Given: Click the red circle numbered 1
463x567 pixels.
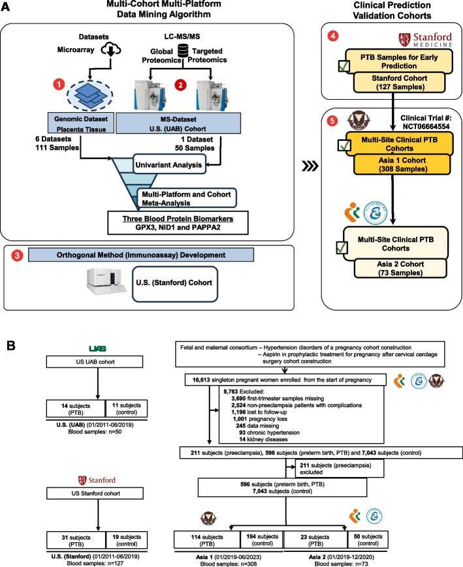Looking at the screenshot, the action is point(59,85).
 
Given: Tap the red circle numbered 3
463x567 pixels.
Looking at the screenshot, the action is point(17,256).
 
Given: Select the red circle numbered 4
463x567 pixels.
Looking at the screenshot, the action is point(333,36).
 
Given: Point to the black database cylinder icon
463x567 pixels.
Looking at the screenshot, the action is point(183,51).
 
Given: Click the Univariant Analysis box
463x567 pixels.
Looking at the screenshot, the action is point(169,164).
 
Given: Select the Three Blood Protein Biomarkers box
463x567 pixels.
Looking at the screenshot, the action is point(178,222).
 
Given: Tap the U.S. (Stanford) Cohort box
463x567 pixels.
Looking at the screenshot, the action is point(175,284).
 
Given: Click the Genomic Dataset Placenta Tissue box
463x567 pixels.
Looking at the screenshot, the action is point(81,123).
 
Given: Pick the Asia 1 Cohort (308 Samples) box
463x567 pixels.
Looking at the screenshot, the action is point(402,164).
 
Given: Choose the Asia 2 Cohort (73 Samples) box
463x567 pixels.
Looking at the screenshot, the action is point(400,268).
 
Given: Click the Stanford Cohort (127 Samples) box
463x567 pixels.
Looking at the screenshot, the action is point(399,82).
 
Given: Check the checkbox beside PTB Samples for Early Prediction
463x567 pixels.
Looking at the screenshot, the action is point(344,65).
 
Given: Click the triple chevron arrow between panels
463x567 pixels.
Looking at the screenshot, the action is point(310,166).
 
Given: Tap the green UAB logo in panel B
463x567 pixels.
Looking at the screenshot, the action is point(98,348).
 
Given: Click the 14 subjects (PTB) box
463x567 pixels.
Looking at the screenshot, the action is point(76,408).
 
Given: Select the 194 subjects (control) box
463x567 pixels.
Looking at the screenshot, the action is point(263,540).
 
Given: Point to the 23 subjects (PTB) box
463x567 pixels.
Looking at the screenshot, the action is point(315,540).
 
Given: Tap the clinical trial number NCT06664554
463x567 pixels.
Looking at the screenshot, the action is point(426,127).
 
